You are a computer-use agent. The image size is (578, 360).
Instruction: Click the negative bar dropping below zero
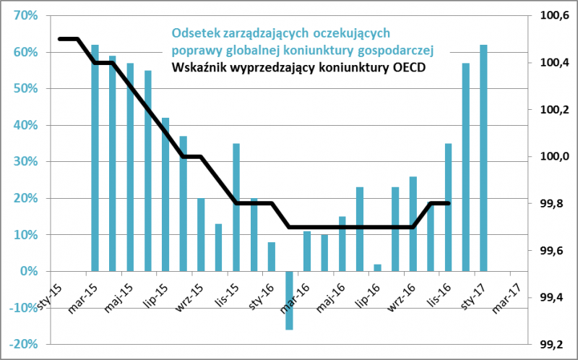click(289, 300)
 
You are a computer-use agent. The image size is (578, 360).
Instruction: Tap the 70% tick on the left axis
click(26, 16)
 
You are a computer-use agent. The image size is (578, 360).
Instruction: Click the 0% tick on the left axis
click(29, 271)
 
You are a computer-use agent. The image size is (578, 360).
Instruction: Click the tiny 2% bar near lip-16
click(377, 267)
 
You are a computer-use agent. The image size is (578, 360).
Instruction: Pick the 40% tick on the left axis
click(26, 125)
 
